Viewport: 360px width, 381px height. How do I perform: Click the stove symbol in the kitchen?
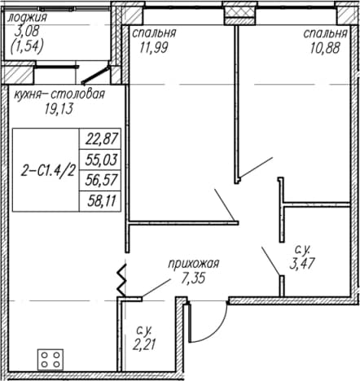[x=50, y=359]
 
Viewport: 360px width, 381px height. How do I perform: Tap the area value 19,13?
[x=59, y=109]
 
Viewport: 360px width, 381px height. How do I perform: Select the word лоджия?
[x=27, y=18]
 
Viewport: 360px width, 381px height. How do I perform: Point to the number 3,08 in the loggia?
[x=27, y=32]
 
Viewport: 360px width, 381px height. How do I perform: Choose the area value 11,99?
[x=154, y=48]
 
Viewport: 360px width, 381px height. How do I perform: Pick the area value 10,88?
[x=326, y=49]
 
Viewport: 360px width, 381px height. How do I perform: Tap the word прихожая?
[x=193, y=264]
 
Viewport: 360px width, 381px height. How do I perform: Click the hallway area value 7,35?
[x=193, y=278]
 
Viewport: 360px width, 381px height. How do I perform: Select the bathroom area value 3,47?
[x=302, y=263]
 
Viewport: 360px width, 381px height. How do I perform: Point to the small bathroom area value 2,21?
[x=144, y=345]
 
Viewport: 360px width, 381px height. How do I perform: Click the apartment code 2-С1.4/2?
[x=47, y=172]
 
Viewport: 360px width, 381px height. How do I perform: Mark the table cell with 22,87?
[x=100, y=138]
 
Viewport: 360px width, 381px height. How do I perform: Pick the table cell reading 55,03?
[x=100, y=160]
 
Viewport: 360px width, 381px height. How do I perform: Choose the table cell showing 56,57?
[x=100, y=181]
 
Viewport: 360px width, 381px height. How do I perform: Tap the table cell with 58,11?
[x=100, y=201]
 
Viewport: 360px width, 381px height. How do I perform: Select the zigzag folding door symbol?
[x=122, y=280]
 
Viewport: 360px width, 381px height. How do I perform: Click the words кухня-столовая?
[x=59, y=94]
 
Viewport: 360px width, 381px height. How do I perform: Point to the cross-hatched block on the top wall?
[x=239, y=12]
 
